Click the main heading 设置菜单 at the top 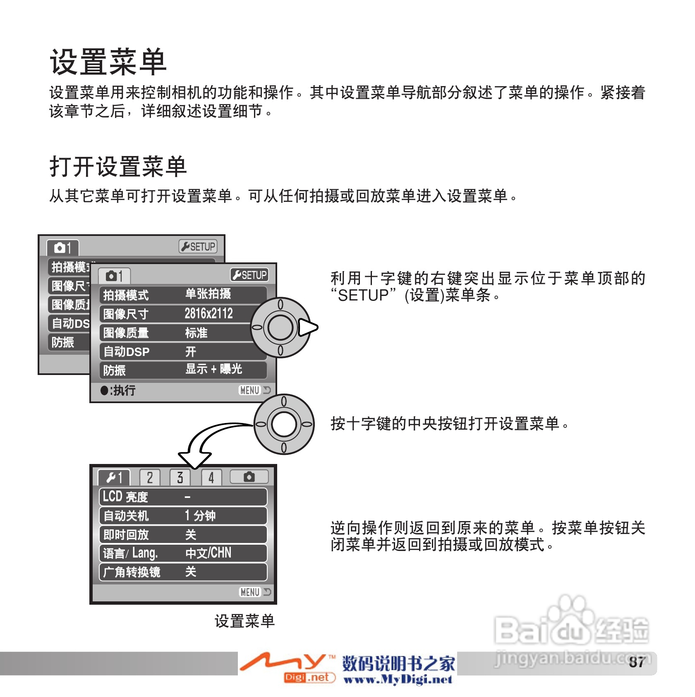click(x=108, y=62)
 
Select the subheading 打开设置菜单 click(x=118, y=166)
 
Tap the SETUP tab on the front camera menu click(x=249, y=275)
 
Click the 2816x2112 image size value click(x=208, y=314)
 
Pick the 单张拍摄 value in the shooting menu click(x=208, y=294)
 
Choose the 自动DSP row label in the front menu click(x=126, y=352)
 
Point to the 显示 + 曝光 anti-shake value click(x=213, y=369)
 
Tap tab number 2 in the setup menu click(x=149, y=478)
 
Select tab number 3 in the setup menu click(x=180, y=478)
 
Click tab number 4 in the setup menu click(x=211, y=478)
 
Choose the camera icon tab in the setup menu click(x=249, y=477)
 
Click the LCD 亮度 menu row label click(x=125, y=497)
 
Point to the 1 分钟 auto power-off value click(x=200, y=516)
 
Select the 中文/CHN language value click(x=208, y=553)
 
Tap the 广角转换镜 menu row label click(x=132, y=572)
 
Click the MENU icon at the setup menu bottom click(x=251, y=592)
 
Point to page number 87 click(x=637, y=662)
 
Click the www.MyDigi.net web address click(x=398, y=680)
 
